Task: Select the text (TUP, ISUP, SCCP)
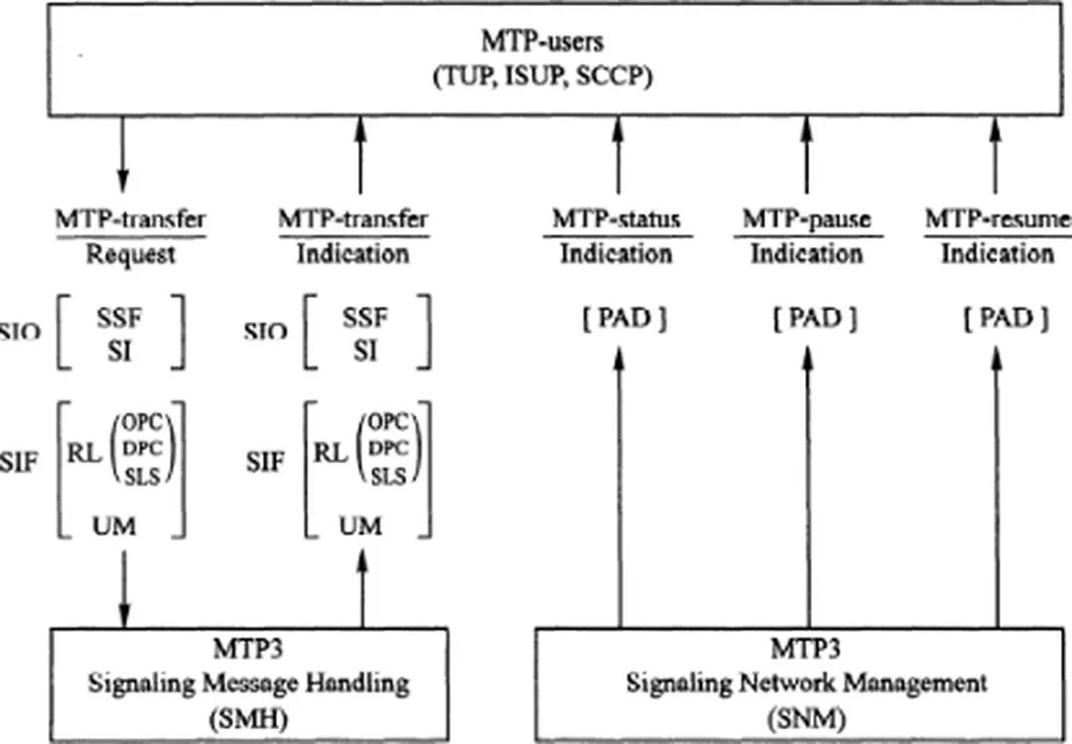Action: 542,77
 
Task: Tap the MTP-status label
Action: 616,219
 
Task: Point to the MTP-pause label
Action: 805,219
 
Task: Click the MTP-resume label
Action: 997,219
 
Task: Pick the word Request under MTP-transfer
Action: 130,254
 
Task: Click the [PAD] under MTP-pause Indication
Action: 806,319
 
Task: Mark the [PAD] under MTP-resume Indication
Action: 997,319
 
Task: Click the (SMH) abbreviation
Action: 243,718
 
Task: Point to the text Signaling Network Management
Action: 806,683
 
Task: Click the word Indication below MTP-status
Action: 616,254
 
